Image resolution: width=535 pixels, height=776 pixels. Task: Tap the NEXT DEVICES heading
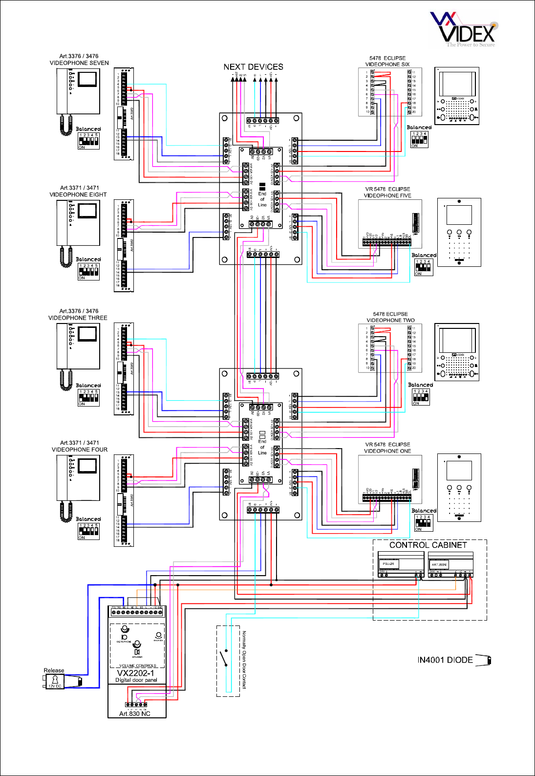(x=253, y=67)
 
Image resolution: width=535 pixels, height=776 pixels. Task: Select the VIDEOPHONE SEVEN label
(x=79, y=63)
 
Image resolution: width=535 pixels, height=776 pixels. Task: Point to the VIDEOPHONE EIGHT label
(x=78, y=194)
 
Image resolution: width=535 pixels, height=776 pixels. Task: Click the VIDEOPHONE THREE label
(x=78, y=318)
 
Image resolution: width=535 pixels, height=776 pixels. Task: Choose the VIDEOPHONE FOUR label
(x=80, y=450)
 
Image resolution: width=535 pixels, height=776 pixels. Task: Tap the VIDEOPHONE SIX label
(x=387, y=65)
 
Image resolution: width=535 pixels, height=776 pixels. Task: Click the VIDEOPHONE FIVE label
(x=387, y=195)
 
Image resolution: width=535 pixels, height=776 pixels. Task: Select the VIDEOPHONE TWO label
(x=390, y=321)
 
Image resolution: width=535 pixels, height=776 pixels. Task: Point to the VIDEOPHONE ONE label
(x=387, y=451)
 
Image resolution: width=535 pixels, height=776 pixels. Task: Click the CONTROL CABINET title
(x=428, y=545)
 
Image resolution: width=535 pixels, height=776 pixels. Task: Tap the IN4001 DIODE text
(x=445, y=660)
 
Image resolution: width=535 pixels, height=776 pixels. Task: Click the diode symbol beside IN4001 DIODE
(x=484, y=660)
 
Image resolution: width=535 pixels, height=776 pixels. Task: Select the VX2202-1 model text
(x=135, y=673)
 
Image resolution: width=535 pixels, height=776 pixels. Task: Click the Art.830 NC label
(x=135, y=713)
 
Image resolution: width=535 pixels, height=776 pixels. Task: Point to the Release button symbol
(x=55, y=681)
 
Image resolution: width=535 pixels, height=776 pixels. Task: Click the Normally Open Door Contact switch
(x=226, y=658)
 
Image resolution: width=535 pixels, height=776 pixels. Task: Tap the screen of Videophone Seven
(x=88, y=79)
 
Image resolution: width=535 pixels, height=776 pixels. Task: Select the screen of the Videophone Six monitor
(x=457, y=84)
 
